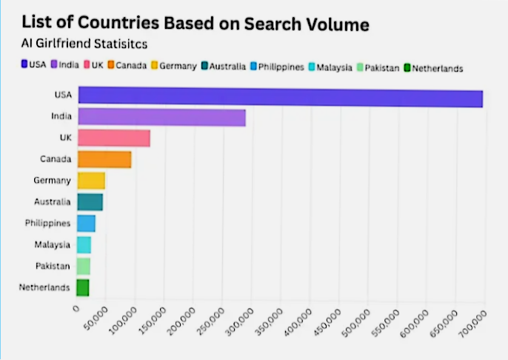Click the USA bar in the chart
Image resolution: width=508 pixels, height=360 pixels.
pyautogui.click(x=280, y=96)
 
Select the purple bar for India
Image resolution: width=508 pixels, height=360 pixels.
pyautogui.click(x=161, y=117)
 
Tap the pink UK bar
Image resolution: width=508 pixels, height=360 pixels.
pyautogui.click(x=114, y=138)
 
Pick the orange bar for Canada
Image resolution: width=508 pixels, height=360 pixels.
pyautogui.click(x=104, y=159)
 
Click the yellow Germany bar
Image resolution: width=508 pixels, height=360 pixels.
pyautogui.click(x=91, y=181)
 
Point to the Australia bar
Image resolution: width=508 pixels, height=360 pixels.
pyautogui.click(x=90, y=201)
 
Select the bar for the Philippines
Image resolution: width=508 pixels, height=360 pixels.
pyautogui.click(x=87, y=223)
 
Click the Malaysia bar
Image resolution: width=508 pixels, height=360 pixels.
pyautogui.click(x=84, y=244)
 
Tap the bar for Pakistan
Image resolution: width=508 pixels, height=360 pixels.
pyautogui.click(x=84, y=266)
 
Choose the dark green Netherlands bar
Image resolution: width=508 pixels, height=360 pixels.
pyautogui.click(x=83, y=287)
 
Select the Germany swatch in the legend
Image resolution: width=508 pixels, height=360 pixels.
pyautogui.click(x=155, y=67)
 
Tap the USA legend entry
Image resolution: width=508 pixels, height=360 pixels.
pyautogui.click(x=33, y=65)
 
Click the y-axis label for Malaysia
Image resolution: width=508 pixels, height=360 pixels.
pyautogui.click(x=53, y=244)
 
